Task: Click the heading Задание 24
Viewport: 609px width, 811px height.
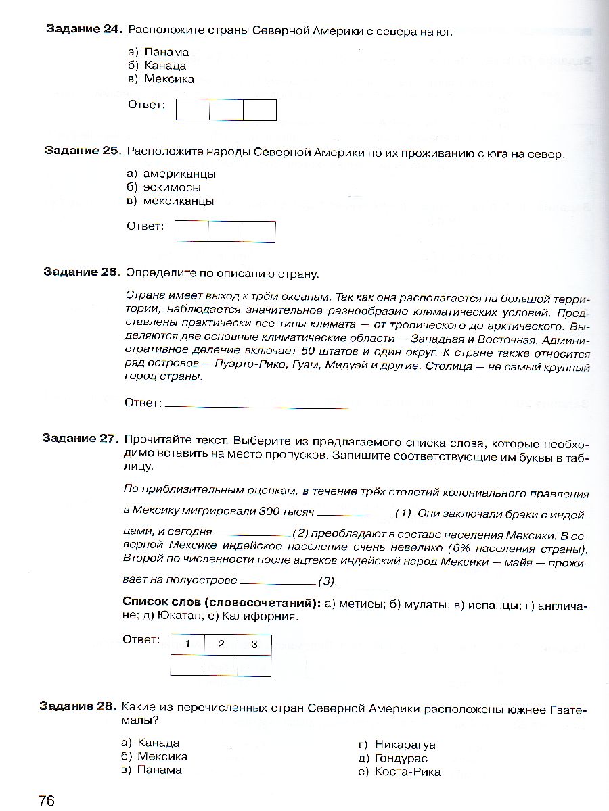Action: point(83,30)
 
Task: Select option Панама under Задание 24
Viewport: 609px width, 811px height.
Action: point(166,52)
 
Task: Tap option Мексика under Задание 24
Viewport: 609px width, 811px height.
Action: point(168,79)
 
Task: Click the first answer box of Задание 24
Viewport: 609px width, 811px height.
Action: point(193,109)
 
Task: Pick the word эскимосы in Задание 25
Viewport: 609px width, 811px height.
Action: point(172,187)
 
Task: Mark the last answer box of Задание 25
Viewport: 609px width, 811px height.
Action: point(258,231)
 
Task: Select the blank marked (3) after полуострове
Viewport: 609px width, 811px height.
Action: point(278,581)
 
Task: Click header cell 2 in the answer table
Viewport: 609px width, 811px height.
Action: point(221,645)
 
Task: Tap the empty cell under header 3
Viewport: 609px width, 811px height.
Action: point(254,666)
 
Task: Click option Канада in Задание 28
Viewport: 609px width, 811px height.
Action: point(158,743)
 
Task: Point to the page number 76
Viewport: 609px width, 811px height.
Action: point(46,800)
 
